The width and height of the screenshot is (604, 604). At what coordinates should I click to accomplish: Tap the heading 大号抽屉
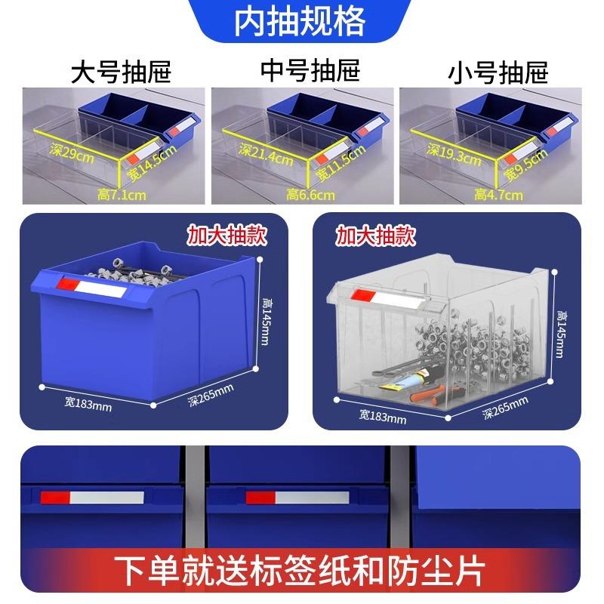click(x=121, y=72)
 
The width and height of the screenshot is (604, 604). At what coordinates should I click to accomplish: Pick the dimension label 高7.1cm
click(x=122, y=196)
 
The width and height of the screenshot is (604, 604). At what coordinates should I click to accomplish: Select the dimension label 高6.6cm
click(x=310, y=196)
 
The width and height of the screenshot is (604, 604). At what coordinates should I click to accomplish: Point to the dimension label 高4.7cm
click(x=499, y=196)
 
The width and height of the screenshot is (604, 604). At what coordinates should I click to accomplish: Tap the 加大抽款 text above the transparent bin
click(x=375, y=236)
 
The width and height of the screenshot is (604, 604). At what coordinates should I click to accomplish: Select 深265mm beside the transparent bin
click(x=507, y=410)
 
